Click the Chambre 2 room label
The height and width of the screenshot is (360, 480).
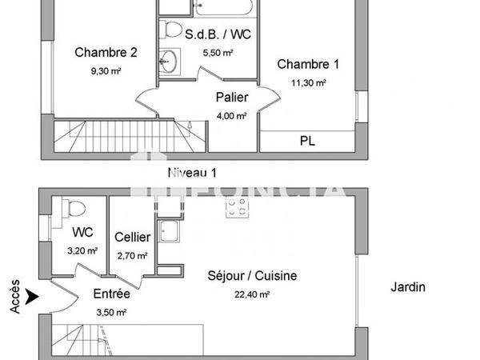pyautogui.click(x=106, y=53)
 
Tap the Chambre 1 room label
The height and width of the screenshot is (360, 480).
pyautogui.click(x=309, y=64)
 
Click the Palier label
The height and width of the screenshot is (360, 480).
pyautogui.click(x=231, y=98)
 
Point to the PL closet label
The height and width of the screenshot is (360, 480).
pyautogui.click(x=307, y=141)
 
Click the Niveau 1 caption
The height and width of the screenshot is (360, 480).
pyautogui.click(x=192, y=172)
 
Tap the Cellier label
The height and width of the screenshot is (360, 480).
pyautogui.click(x=132, y=237)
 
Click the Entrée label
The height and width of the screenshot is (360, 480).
pyautogui.click(x=112, y=294)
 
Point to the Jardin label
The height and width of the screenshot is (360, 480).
pyautogui.click(x=408, y=287)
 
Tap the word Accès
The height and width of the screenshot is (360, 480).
pyautogui.click(x=14, y=296)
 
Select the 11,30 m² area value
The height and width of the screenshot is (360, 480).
pyautogui.click(x=309, y=82)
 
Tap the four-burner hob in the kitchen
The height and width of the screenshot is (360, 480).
pyautogui.click(x=236, y=208)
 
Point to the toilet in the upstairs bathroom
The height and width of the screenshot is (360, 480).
pyautogui.click(x=171, y=30)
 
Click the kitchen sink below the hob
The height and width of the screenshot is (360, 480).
pyautogui.click(x=170, y=233)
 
